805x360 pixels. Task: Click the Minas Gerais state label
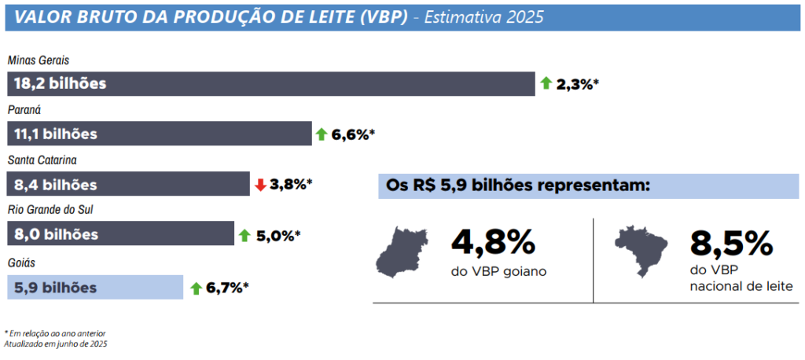click(39, 60)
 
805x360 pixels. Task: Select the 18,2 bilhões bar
click(270, 83)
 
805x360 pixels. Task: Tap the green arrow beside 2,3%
click(546, 83)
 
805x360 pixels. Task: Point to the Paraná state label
click(24, 110)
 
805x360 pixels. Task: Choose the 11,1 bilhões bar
click(159, 134)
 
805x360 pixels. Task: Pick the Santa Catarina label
click(41, 160)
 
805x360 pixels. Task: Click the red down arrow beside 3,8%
click(261, 185)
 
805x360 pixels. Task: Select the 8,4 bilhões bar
click(128, 185)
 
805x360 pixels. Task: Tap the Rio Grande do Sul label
click(50, 210)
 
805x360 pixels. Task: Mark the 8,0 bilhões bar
click(120, 234)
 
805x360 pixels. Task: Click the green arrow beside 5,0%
click(244, 235)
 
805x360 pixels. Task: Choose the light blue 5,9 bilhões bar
click(94, 287)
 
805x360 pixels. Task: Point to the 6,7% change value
click(226, 288)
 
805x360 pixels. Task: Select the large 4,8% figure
click(492, 242)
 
